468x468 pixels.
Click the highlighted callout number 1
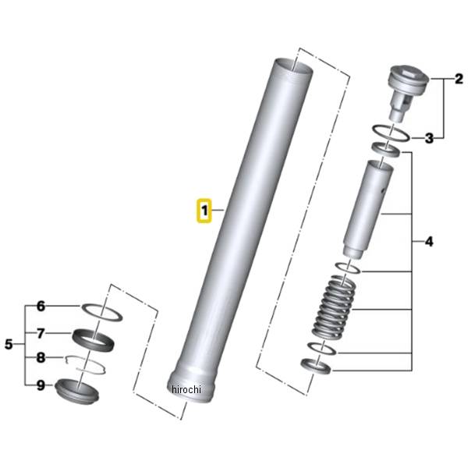(x=204, y=211)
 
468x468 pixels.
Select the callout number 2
(x=459, y=79)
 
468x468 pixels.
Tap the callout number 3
(x=429, y=138)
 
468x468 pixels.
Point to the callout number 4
(x=429, y=242)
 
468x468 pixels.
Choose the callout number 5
(x=9, y=344)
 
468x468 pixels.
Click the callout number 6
(x=41, y=307)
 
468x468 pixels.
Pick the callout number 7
(x=41, y=333)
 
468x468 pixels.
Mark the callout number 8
(x=41, y=357)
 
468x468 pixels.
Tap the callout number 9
(x=41, y=385)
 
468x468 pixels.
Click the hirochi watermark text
(x=186, y=389)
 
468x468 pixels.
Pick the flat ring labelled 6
(x=102, y=312)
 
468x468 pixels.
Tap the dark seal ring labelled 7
(x=93, y=339)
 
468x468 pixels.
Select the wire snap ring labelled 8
(x=85, y=365)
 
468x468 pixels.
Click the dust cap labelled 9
(x=77, y=391)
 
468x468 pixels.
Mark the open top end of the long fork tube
(x=293, y=67)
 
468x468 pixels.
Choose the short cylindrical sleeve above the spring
(x=367, y=209)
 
